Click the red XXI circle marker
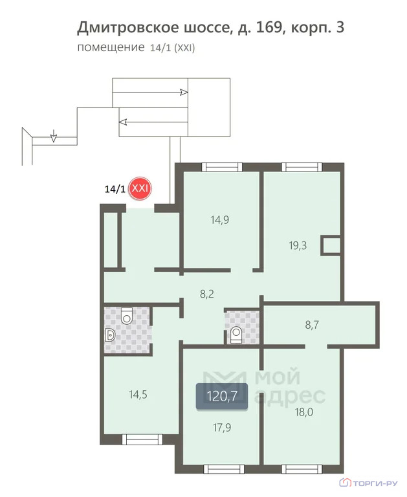click(140, 188)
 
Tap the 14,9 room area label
click(219, 219)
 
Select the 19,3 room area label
click(298, 246)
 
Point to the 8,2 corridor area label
click(206, 294)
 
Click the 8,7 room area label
click(312, 325)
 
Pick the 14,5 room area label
click(138, 395)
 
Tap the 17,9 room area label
click(222, 428)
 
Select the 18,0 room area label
click(304, 412)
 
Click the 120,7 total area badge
click(221, 396)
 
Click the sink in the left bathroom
click(109, 335)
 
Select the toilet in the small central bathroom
click(236, 335)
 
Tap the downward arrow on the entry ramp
click(54, 136)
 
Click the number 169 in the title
click(269, 27)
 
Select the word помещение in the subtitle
click(111, 47)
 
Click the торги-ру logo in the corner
click(368, 483)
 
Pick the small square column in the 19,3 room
click(330, 245)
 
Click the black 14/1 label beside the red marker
click(115, 189)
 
